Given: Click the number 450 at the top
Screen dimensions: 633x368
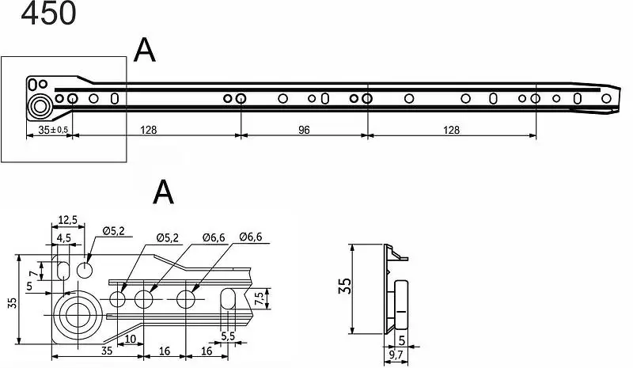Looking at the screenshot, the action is [x=48, y=13].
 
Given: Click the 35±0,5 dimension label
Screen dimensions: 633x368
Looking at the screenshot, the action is [x=53, y=130].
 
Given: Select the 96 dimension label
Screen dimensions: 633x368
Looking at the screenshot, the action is [x=304, y=130].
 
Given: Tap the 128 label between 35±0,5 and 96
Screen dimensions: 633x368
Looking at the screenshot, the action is [x=148, y=130].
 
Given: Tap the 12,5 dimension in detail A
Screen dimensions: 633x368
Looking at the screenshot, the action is [x=67, y=220].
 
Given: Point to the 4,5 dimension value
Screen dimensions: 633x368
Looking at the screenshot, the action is [x=63, y=238].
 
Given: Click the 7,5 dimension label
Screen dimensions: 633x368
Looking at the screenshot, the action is [x=260, y=298].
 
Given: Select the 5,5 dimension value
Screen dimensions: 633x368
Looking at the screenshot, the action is [x=228, y=336].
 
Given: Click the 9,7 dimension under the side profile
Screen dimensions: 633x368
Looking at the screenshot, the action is [x=396, y=355].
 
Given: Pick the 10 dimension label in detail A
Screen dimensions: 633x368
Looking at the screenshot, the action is [x=130, y=339].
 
